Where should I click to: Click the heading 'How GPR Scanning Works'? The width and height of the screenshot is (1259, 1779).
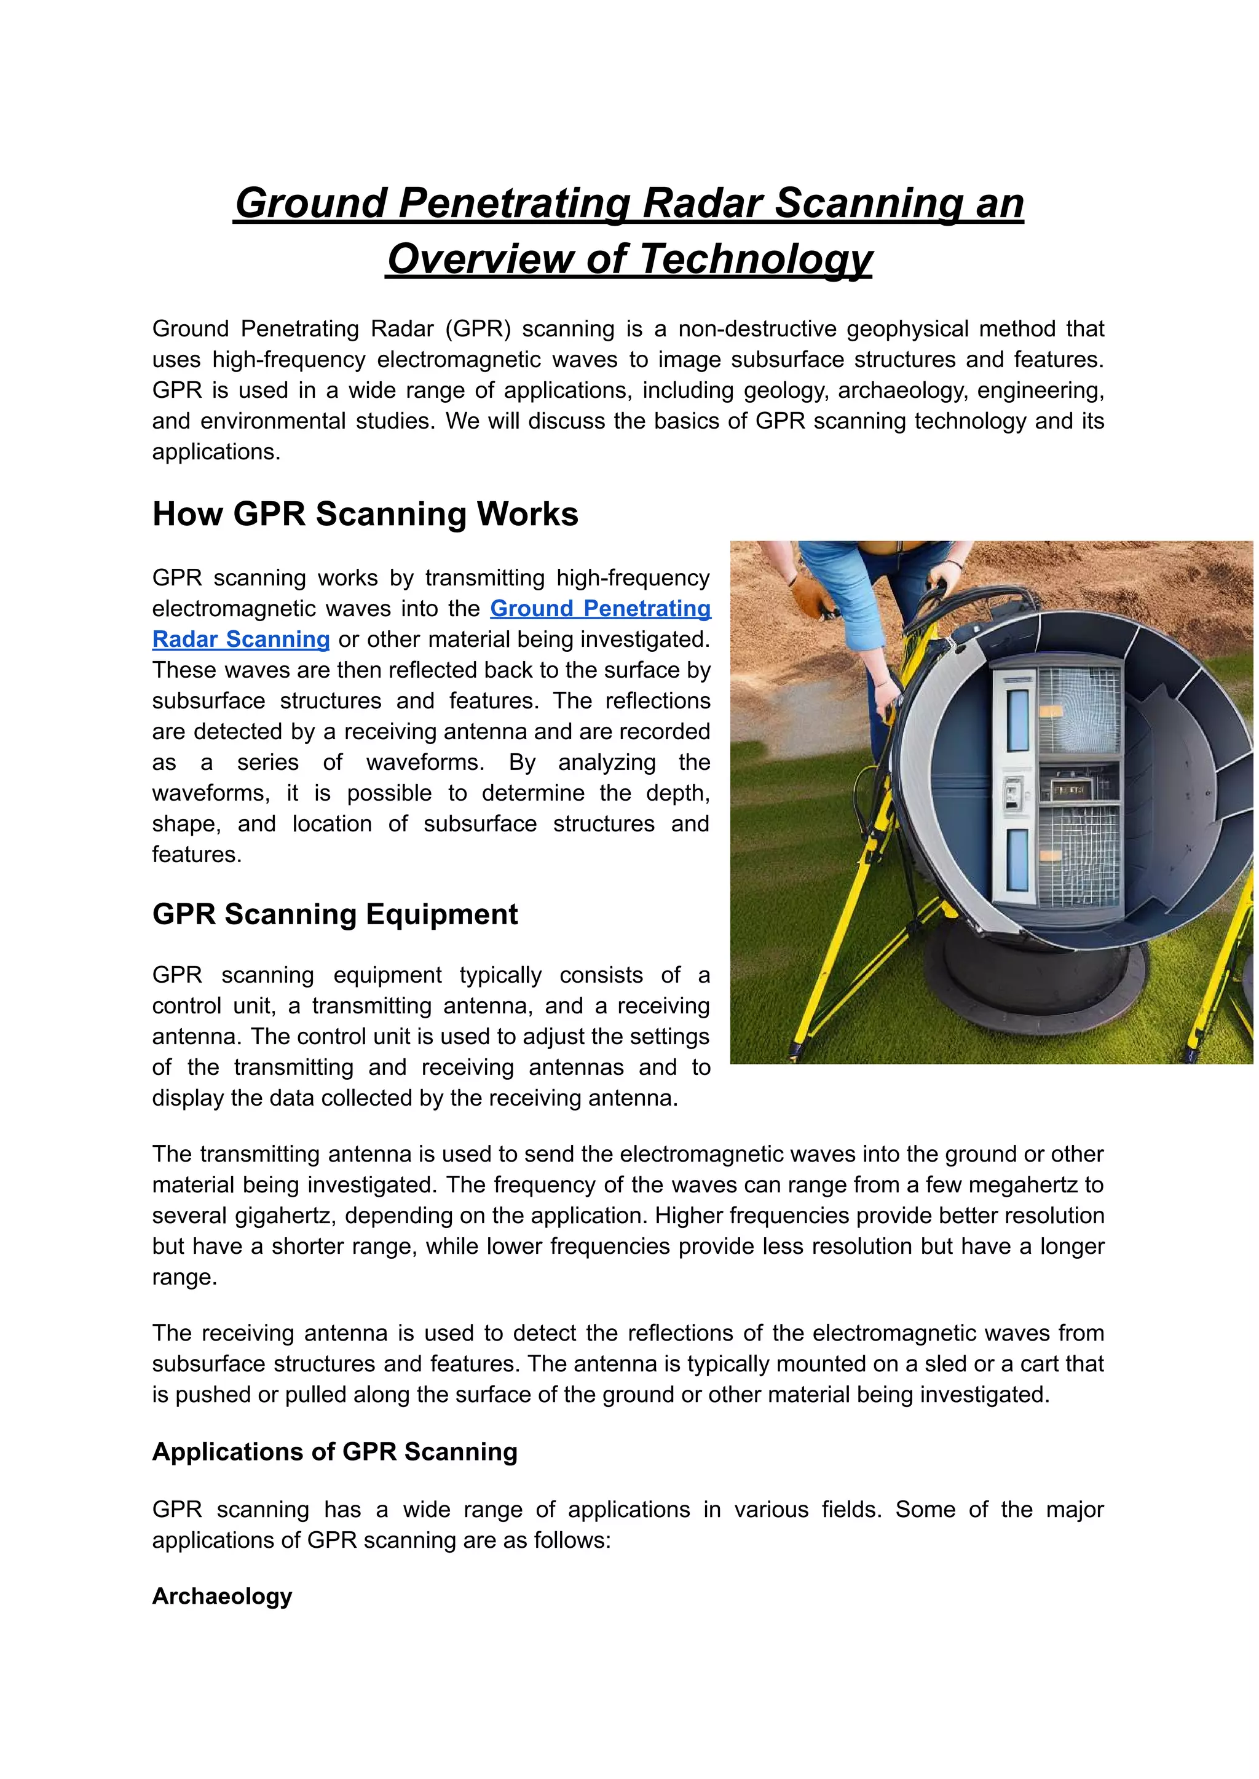click(x=365, y=514)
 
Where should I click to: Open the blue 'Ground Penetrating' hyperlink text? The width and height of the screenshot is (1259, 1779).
click(x=600, y=609)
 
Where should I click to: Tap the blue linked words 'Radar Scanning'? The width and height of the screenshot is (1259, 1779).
click(x=241, y=640)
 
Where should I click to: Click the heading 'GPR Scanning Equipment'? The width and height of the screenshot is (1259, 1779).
click(x=335, y=914)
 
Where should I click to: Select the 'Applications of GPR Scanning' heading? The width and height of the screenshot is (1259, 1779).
click(x=335, y=1452)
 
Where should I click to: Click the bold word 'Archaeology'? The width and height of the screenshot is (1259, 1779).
click(x=222, y=1596)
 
